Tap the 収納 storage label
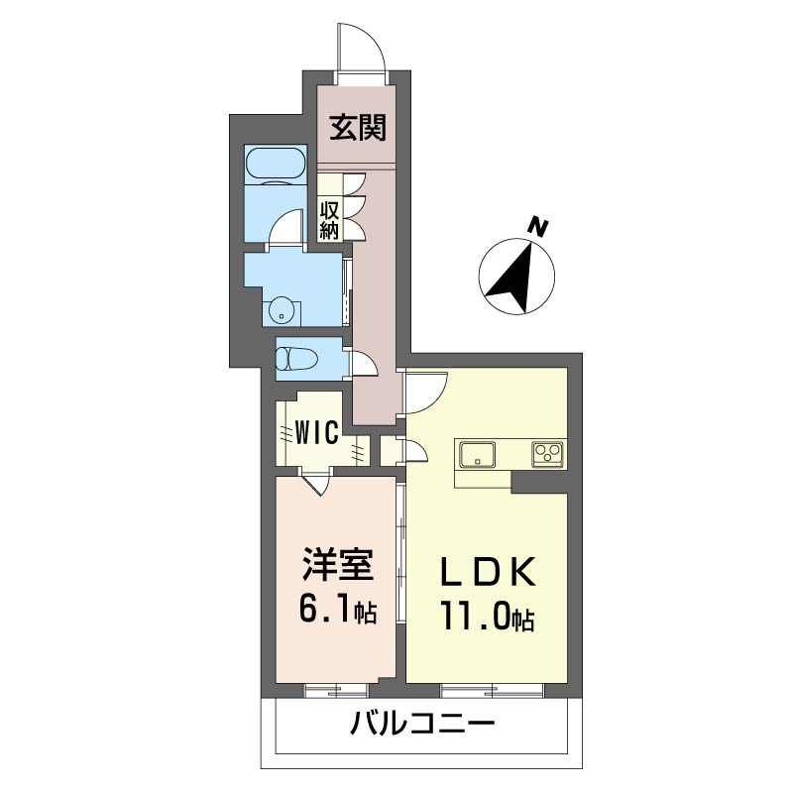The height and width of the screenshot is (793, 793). coord(329,219)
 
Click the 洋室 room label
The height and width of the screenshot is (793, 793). coord(337,568)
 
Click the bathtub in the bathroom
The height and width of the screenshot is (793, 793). coord(276,164)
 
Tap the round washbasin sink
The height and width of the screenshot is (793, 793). coord(283,311)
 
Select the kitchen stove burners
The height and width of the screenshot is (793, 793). coord(546,454)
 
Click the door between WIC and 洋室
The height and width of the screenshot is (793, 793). coord(317,485)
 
